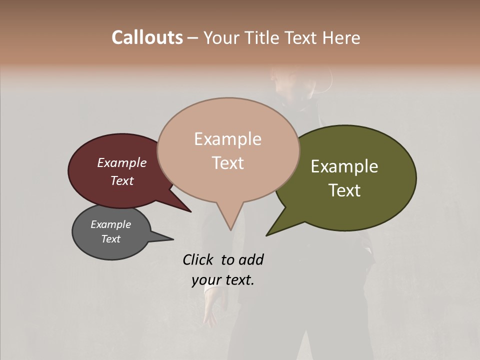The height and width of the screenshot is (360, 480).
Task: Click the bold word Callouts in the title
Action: point(147,37)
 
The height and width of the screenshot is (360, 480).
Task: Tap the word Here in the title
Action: point(340,37)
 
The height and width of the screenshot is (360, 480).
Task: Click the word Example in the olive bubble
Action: point(344,166)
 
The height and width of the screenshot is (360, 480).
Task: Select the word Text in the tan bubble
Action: point(228,163)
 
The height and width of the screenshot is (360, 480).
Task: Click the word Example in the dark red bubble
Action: point(122,162)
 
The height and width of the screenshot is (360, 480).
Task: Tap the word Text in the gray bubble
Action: point(111,239)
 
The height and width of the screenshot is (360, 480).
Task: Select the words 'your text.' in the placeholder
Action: point(223,280)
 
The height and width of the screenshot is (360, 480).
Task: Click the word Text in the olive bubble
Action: point(344,190)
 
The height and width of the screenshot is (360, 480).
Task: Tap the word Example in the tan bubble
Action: point(228,139)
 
